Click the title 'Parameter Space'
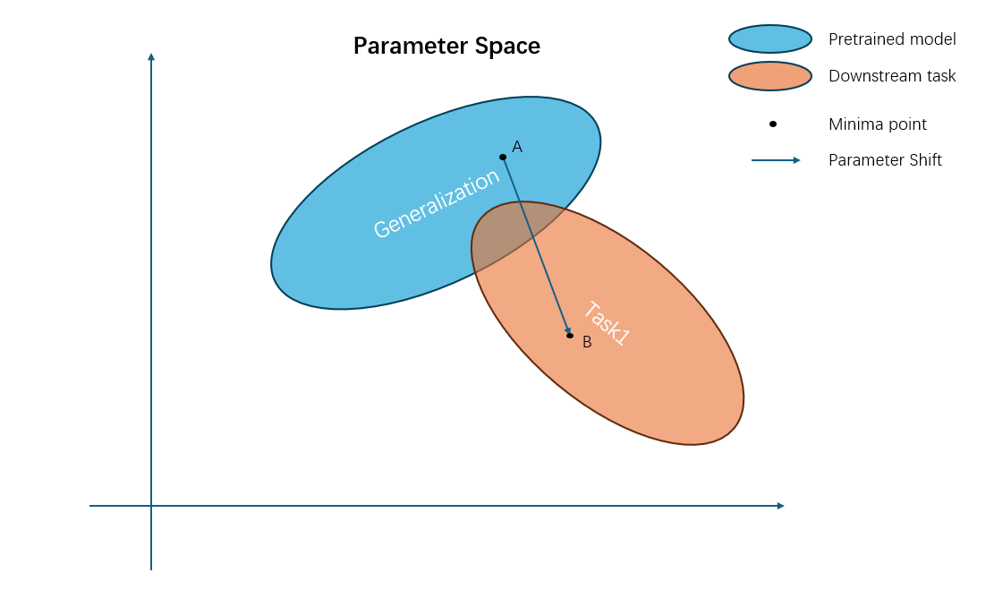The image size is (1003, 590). click(446, 46)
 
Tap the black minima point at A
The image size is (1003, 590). click(503, 157)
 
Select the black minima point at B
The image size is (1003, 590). click(570, 336)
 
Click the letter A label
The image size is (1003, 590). click(517, 147)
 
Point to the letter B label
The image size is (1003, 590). click(587, 342)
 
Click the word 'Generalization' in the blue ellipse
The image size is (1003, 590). click(436, 204)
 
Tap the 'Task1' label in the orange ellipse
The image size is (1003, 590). click(608, 323)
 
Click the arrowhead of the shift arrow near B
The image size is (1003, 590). click(568, 331)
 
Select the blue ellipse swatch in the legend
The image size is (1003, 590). click(769, 39)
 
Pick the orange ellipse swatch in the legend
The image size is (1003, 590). click(769, 76)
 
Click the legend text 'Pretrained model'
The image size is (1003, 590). click(892, 39)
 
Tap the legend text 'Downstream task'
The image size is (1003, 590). click(892, 76)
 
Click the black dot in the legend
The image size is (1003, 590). click(773, 124)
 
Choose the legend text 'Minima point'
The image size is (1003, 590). click(878, 124)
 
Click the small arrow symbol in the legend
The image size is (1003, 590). click(776, 160)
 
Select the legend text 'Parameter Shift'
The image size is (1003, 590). click(885, 160)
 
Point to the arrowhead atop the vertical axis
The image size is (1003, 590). click(151, 57)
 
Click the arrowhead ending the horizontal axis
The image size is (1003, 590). click(780, 506)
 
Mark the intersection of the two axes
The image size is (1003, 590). click(151, 506)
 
